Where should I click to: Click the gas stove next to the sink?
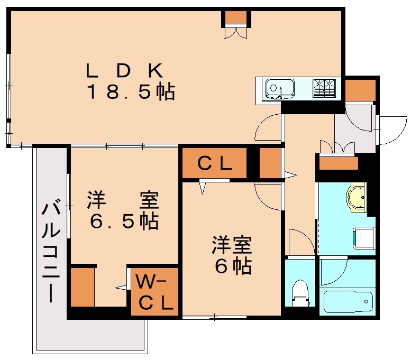324,87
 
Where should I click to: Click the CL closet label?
214,164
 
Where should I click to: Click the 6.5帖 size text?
124,221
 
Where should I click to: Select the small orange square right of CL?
270,164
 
